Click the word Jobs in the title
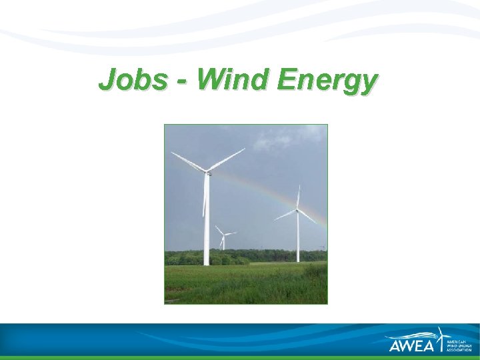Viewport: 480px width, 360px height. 132,80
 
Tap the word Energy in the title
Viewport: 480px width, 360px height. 327,81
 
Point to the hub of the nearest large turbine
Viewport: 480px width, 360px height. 207,173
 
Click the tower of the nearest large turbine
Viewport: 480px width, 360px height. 206,227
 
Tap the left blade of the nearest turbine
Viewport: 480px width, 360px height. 188,162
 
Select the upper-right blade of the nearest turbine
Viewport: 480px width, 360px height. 227,159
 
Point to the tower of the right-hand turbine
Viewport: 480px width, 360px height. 297,240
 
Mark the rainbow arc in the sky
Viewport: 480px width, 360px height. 267,191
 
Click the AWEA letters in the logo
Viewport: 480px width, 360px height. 412,345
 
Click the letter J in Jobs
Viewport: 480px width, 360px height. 105,80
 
